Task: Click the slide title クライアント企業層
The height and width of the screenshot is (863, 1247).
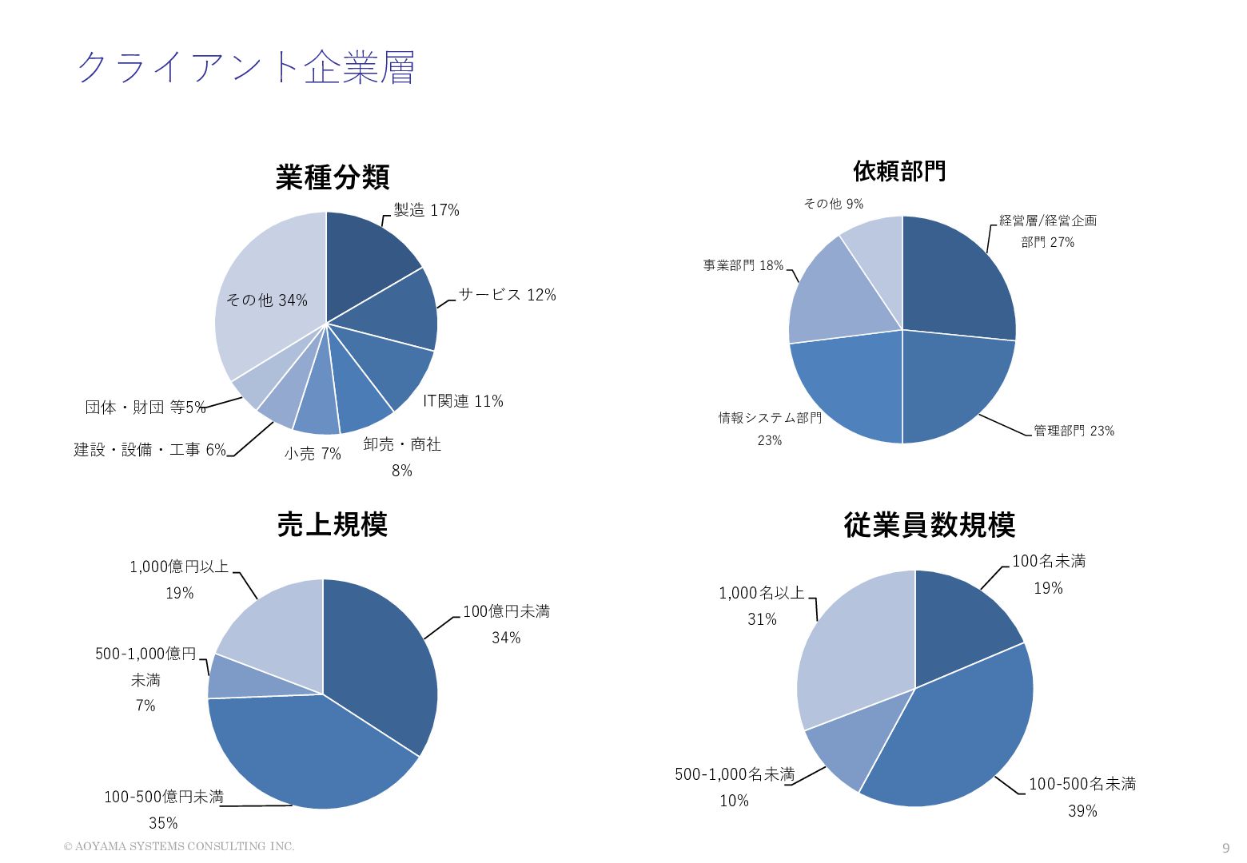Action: pos(246,67)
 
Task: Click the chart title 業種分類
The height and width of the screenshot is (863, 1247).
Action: pos(333,177)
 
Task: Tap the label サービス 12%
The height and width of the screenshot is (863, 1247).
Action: pos(508,295)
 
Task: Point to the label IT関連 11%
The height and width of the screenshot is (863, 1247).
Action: pos(463,401)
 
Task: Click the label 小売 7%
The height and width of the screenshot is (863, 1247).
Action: pos(313,454)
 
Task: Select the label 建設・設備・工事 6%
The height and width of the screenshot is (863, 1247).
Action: pos(150,450)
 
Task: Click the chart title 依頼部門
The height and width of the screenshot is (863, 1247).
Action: pos(899,170)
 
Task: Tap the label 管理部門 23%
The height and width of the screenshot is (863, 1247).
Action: pos(1074,431)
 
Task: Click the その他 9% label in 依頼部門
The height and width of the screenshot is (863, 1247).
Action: pos(834,204)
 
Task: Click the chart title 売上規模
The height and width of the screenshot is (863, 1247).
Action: pos(333,524)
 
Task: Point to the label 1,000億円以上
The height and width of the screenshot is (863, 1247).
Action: pos(179,567)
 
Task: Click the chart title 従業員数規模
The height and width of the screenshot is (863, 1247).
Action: pos(930,525)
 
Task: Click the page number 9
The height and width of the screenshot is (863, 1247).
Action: pos(1226,848)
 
